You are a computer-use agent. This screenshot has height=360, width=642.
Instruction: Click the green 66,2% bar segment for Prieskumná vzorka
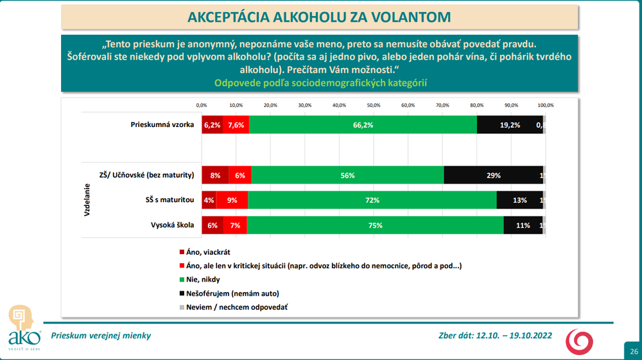363,126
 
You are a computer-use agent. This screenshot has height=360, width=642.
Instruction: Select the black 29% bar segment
493,175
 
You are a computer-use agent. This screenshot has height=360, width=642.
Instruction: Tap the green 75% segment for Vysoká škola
376,225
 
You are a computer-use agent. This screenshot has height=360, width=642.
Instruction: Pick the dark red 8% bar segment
215,175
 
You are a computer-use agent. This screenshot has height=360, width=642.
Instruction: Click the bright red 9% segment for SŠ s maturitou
232,200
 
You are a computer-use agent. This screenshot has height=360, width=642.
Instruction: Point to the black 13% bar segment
520,200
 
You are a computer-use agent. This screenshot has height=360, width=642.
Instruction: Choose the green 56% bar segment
347,175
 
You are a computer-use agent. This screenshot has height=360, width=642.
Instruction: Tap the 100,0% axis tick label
546,105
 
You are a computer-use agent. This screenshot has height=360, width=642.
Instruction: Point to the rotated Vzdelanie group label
87,200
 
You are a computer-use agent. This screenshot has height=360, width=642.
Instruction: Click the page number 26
633,351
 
